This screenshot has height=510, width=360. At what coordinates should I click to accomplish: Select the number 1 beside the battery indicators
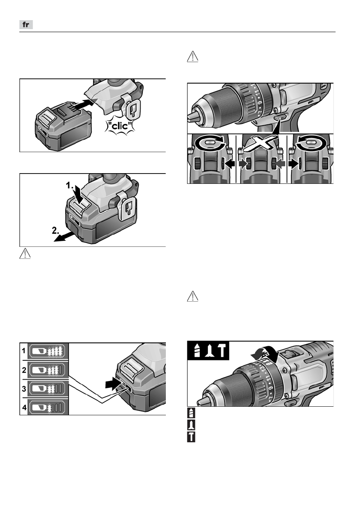click(24, 351)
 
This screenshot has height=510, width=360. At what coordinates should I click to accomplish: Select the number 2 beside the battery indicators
click(24, 369)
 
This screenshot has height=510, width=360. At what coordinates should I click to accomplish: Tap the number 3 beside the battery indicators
click(24, 387)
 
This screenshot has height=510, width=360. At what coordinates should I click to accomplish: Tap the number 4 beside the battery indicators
click(24, 406)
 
